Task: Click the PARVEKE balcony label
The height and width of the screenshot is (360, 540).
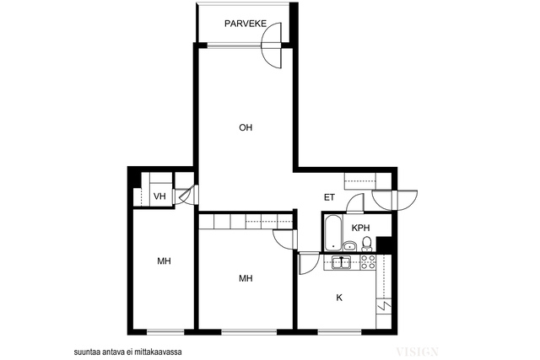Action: click(246, 24)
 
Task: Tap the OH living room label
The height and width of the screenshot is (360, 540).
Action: click(246, 127)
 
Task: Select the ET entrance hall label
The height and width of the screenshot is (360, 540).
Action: click(329, 197)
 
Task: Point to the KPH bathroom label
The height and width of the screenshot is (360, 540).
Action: click(360, 228)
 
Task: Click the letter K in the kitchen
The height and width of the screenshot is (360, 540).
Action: click(339, 298)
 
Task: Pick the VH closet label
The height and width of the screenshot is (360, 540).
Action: click(159, 196)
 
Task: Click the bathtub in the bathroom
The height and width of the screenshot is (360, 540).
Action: click(333, 233)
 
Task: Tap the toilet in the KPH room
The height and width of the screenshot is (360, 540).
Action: click(366, 244)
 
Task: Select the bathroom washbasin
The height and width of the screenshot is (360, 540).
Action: click(350, 245)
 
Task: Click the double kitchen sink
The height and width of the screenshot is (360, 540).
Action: click(341, 262)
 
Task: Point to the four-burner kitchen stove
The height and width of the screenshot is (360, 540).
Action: click(368, 262)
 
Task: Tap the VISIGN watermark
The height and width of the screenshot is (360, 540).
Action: click(417, 352)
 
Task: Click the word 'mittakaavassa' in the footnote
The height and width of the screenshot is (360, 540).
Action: click(162, 352)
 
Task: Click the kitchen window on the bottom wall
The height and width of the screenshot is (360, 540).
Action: click(339, 332)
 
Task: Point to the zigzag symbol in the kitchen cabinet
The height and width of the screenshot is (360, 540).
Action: click(384, 305)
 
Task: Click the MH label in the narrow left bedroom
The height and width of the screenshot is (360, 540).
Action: click(164, 261)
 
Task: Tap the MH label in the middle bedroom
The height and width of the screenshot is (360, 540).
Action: click(246, 278)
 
